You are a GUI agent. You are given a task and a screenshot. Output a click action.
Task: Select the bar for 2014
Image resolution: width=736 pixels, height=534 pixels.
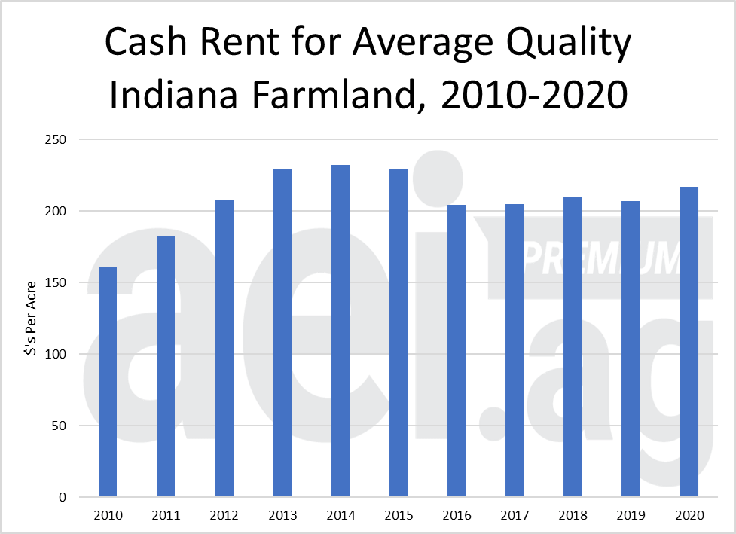point(340,331)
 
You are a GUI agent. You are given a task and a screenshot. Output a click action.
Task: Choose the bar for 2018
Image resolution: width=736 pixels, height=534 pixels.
point(573,346)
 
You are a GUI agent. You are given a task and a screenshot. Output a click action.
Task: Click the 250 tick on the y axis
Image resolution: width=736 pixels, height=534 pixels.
point(56,140)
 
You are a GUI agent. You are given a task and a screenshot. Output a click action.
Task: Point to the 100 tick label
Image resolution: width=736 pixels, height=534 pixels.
point(56,355)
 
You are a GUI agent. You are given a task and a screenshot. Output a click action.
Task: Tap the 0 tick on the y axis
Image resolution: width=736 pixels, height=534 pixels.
point(63,498)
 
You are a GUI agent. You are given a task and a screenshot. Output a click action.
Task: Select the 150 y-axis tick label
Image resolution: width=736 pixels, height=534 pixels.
point(56,283)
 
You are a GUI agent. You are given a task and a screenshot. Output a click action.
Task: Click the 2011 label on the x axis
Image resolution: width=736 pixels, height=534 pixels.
point(166,516)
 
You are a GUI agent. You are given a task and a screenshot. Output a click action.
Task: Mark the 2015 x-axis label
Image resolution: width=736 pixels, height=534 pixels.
point(398,516)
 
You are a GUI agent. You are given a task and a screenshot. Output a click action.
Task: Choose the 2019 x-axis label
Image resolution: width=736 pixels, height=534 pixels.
point(631,516)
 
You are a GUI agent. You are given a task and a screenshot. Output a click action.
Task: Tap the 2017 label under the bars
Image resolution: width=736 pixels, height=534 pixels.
point(515,516)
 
